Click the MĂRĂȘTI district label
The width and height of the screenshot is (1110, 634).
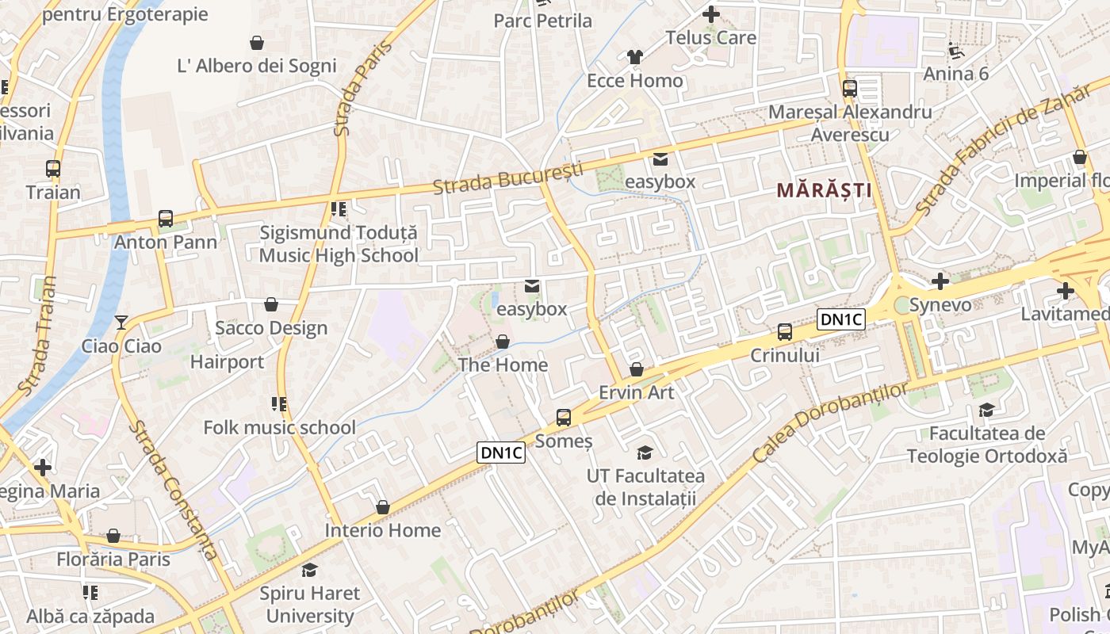click(x=824, y=190)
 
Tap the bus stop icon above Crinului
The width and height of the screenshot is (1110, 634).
click(x=785, y=331)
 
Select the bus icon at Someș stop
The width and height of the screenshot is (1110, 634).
click(x=564, y=417)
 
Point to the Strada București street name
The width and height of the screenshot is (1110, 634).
click(x=507, y=178)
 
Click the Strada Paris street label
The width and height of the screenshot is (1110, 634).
click(x=352, y=89)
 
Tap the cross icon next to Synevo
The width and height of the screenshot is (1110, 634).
click(x=940, y=281)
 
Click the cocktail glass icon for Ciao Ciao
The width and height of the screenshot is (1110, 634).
click(x=121, y=322)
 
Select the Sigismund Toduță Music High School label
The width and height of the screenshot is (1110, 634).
click(x=339, y=244)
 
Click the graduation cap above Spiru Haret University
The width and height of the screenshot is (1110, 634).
click(x=309, y=570)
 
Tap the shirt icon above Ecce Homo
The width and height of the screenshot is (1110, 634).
click(x=634, y=57)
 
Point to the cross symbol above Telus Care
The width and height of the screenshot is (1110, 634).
click(x=711, y=14)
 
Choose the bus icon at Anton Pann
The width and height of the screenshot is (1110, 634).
click(x=166, y=219)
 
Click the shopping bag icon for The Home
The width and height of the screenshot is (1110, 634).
click(x=502, y=342)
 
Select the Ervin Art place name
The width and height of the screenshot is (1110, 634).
click(x=636, y=392)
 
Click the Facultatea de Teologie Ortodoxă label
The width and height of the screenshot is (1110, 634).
click(x=987, y=445)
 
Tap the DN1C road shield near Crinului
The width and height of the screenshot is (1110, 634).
click(x=840, y=319)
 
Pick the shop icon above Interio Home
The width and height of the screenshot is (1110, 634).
click(x=383, y=507)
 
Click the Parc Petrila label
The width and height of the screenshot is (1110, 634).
click(x=542, y=21)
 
